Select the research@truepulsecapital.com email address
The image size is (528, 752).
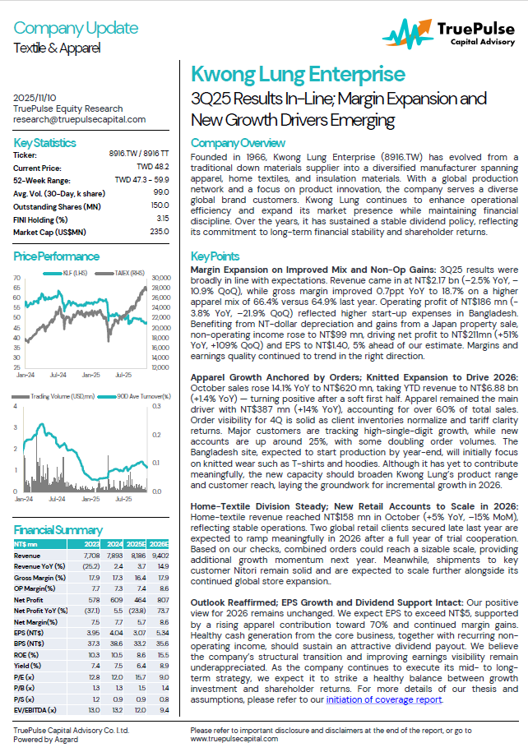(80, 119)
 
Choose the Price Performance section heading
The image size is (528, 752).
(57, 256)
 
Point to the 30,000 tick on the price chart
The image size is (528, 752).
(162, 279)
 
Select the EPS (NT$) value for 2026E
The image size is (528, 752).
(160, 632)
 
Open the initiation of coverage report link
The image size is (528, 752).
(384, 699)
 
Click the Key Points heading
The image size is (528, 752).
(215, 256)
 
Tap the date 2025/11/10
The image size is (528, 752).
(37, 98)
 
